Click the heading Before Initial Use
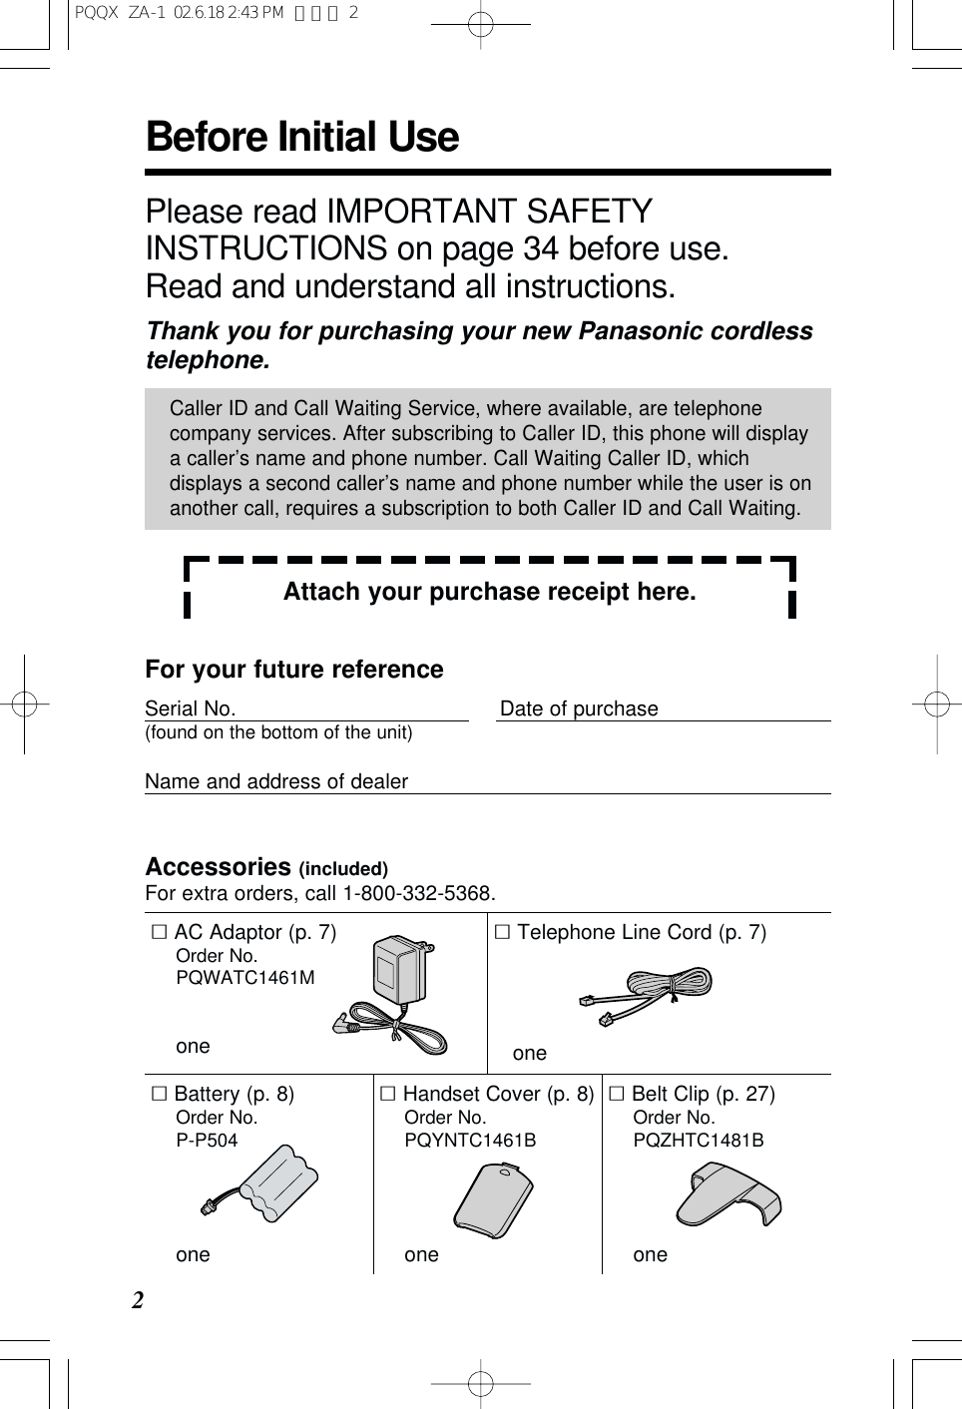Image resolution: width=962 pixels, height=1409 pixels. coord(301,138)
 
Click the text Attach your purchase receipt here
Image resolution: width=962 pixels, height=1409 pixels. coord(489,592)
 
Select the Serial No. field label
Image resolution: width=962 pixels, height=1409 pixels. coord(190,708)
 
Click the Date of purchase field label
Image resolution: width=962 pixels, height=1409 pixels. coord(579,708)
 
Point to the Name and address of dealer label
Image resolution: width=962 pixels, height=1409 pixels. coord(276,781)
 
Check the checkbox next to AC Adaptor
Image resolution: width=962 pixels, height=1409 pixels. coord(160,932)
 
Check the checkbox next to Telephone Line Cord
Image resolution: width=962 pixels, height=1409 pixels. coord(503,932)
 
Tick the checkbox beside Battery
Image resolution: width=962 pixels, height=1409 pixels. coord(160,1094)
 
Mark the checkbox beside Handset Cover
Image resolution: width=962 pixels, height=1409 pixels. coord(388,1094)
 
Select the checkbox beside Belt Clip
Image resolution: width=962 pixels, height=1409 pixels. coord(617,1094)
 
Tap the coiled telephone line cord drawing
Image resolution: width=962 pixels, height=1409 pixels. coord(647,995)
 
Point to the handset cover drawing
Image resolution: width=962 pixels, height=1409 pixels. coord(493,1199)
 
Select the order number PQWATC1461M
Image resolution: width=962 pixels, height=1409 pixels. coord(245,978)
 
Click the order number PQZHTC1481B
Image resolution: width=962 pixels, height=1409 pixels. coord(699,1140)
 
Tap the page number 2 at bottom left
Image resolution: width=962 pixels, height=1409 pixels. coord(138,1300)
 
